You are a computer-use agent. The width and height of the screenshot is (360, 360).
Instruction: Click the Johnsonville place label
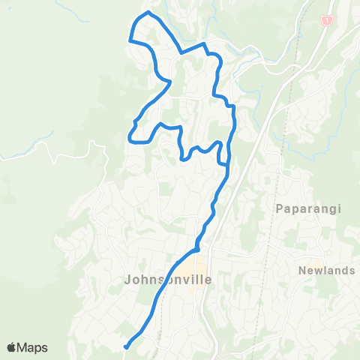coord(166,280)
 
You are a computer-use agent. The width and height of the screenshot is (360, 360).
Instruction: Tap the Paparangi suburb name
coord(304,208)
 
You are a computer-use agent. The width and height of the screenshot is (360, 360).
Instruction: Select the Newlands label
coord(325,271)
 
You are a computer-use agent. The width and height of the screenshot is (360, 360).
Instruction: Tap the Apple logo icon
coord(13,347)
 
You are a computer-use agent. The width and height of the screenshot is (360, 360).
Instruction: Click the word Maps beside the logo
coord(33,347)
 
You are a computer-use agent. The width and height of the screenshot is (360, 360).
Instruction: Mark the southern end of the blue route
coord(126,346)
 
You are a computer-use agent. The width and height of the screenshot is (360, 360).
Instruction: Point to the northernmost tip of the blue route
coord(148,13)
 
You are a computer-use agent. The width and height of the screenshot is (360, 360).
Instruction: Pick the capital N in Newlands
coord(301,271)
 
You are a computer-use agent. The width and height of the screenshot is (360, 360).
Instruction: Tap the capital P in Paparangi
coord(279,208)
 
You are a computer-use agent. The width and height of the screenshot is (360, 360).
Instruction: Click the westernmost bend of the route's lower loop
coord(130,136)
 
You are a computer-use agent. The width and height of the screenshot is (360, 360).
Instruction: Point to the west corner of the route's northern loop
coord(131,41)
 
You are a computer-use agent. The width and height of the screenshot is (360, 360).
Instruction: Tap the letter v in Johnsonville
coord(181,280)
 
